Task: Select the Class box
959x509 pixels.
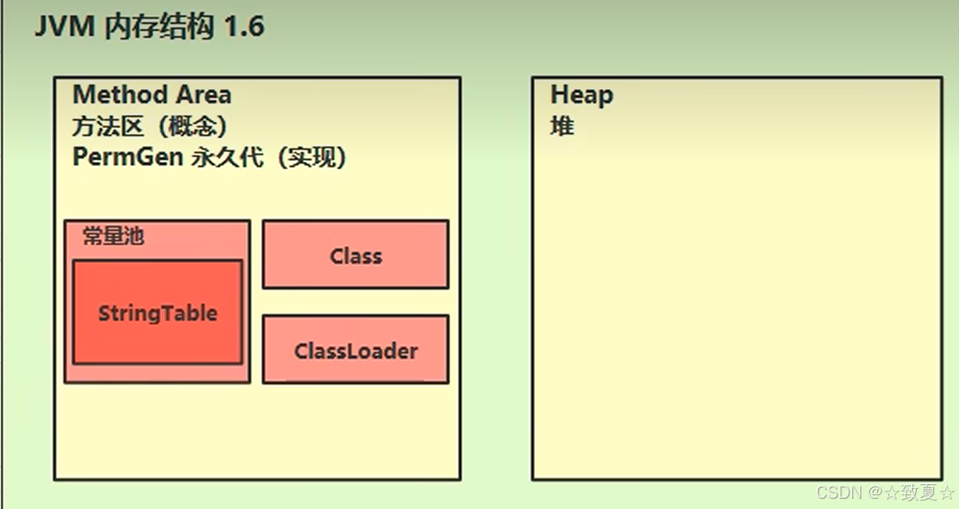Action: click(355, 255)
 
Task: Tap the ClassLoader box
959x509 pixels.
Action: click(355, 350)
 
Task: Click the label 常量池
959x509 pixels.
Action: click(113, 237)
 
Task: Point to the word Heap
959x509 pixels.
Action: click(582, 95)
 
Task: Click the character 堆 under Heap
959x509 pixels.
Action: click(562, 126)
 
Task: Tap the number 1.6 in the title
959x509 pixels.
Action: click(243, 27)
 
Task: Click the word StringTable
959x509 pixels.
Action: click(157, 313)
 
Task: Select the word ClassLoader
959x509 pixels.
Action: click(355, 351)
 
